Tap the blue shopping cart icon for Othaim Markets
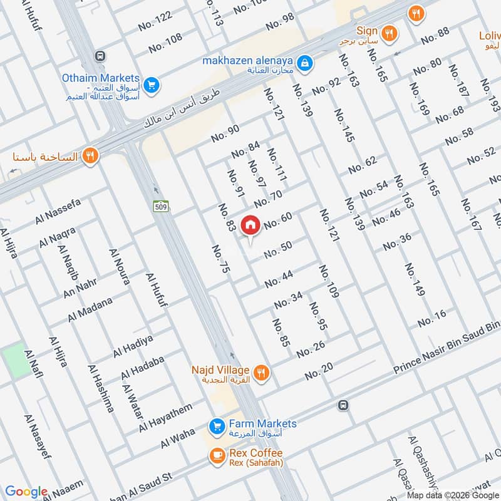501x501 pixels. coord(150,84)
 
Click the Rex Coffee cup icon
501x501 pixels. coord(217,457)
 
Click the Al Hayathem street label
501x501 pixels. coord(166,418)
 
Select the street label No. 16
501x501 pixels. coord(431,318)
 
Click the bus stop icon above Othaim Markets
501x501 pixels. coord(100,56)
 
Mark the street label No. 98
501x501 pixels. coord(280,21)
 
